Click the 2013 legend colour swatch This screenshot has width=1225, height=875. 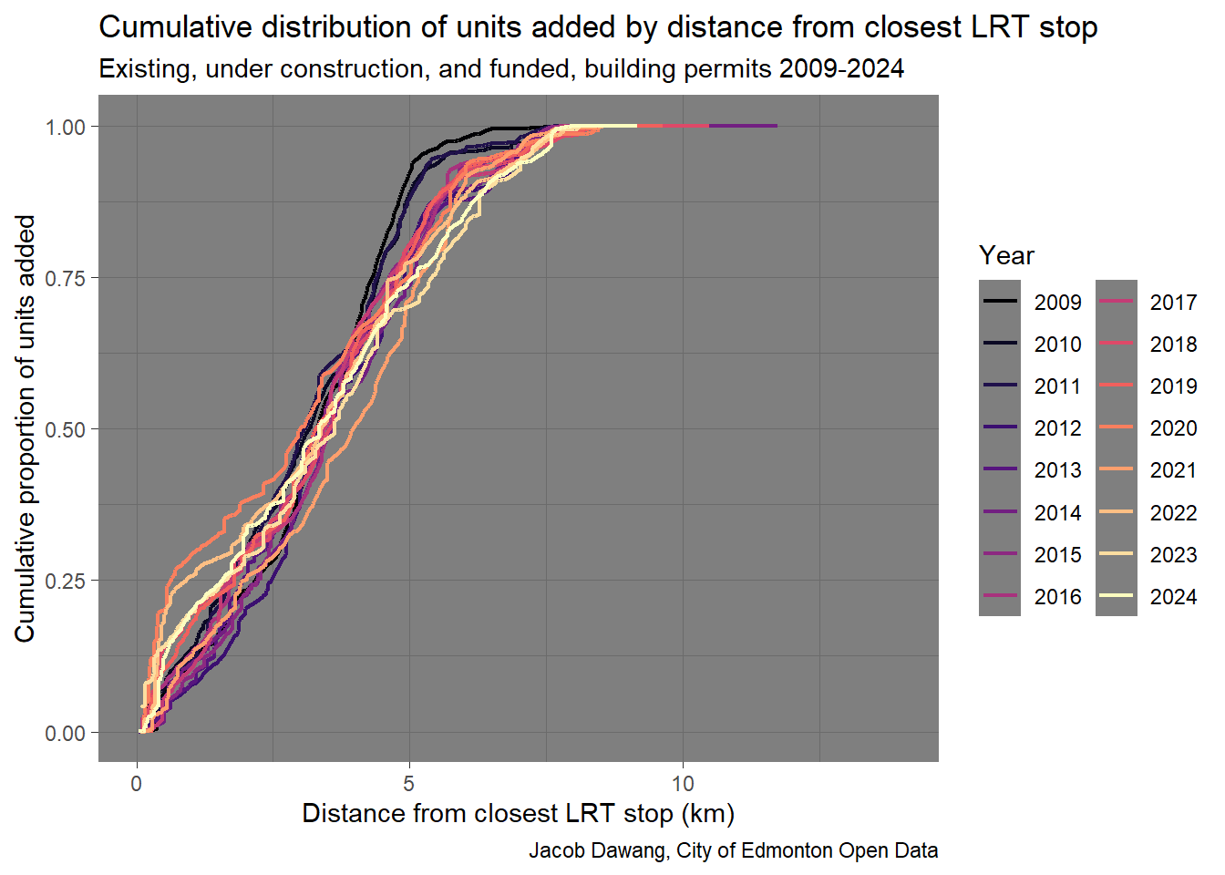[x=1000, y=470]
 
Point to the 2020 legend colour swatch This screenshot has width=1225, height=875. [x=1116, y=428]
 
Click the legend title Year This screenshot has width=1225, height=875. [x=1006, y=255]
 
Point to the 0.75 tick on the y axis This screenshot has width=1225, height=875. [x=66, y=278]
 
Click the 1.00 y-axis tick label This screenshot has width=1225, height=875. [x=66, y=127]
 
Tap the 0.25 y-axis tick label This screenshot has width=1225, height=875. [x=66, y=581]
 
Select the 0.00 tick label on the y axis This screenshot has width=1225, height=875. [x=66, y=733]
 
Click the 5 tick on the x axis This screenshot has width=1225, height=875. [x=409, y=783]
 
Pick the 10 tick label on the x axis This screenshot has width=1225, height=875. [x=683, y=783]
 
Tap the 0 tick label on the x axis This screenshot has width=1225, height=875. [x=137, y=783]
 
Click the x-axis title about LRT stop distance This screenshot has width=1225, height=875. [x=518, y=813]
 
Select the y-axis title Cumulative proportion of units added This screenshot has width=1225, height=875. [x=25, y=428]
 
